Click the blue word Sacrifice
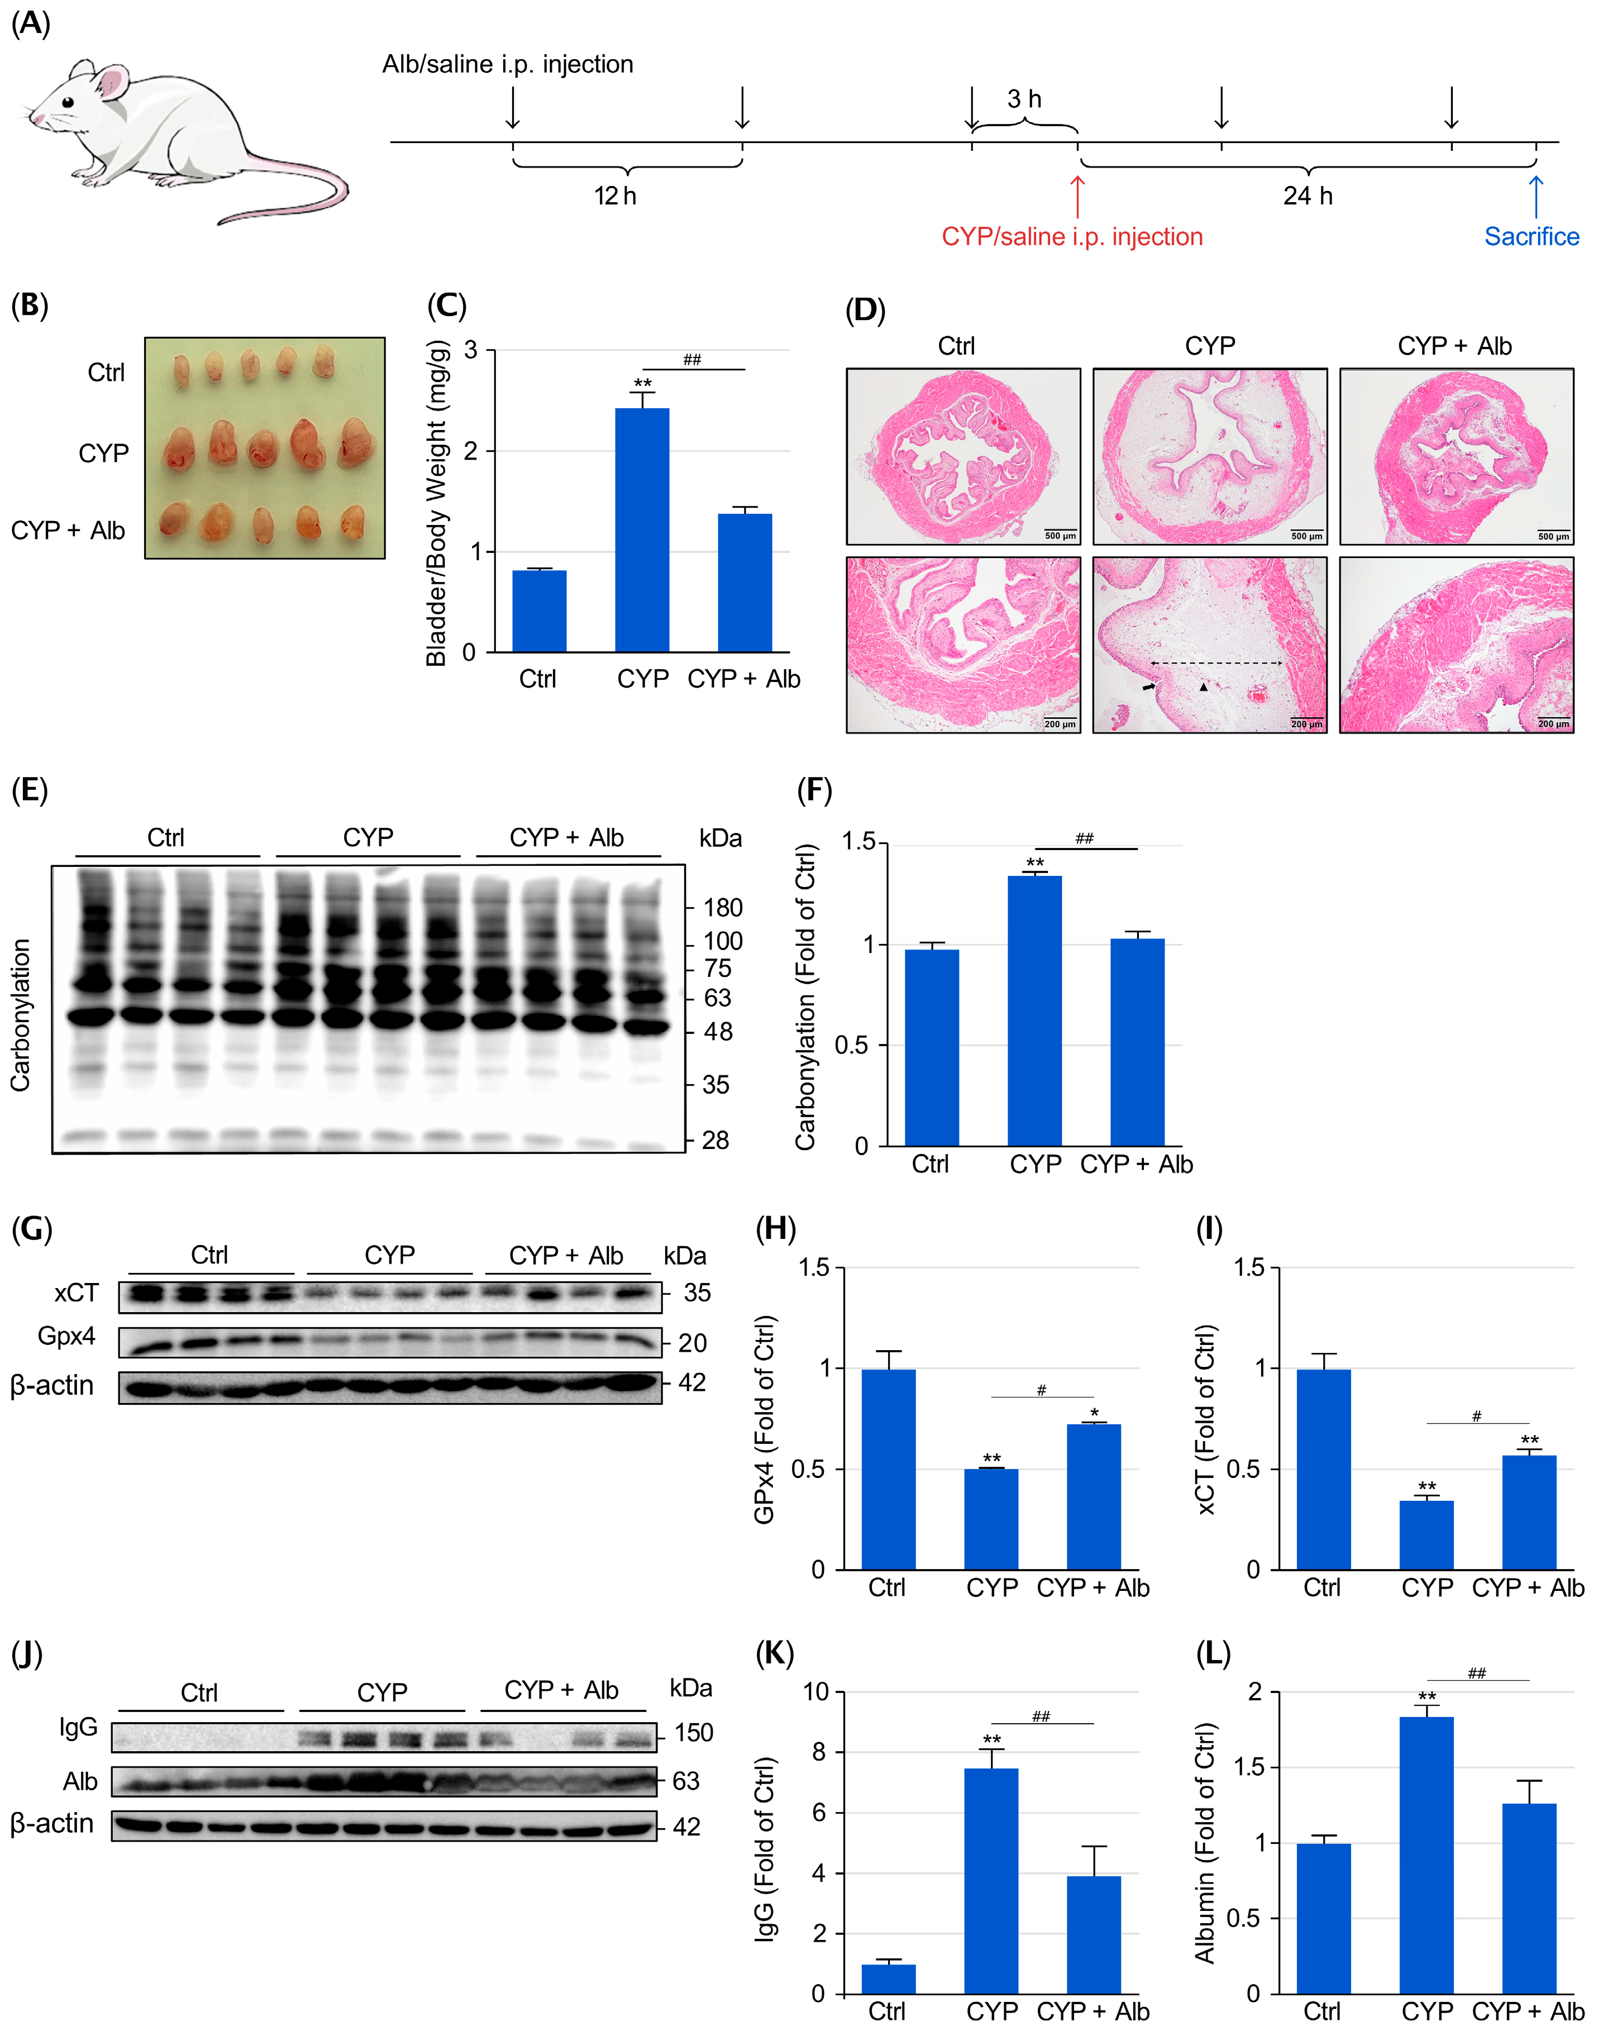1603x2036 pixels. tap(1531, 236)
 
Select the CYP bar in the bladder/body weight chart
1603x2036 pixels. tap(642, 530)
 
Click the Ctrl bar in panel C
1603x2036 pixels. tap(539, 610)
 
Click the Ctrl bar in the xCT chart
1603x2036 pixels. tap(1323, 1469)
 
